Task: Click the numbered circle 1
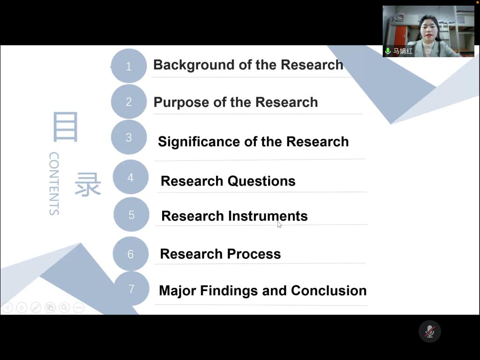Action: point(128,66)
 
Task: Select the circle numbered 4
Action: point(131,177)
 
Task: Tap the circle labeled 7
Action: point(131,288)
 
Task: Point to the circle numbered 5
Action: point(131,214)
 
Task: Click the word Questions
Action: point(262,181)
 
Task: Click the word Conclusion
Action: point(329,291)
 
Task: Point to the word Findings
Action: point(229,291)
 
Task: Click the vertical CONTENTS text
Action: point(54,184)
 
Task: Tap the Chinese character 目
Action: point(66,127)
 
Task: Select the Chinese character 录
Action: point(88,184)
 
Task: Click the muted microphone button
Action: point(429,331)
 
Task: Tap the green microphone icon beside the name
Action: point(388,51)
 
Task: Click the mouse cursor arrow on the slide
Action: point(279,225)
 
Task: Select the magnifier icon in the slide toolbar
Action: point(64,307)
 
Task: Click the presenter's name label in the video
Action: point(403,51)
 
